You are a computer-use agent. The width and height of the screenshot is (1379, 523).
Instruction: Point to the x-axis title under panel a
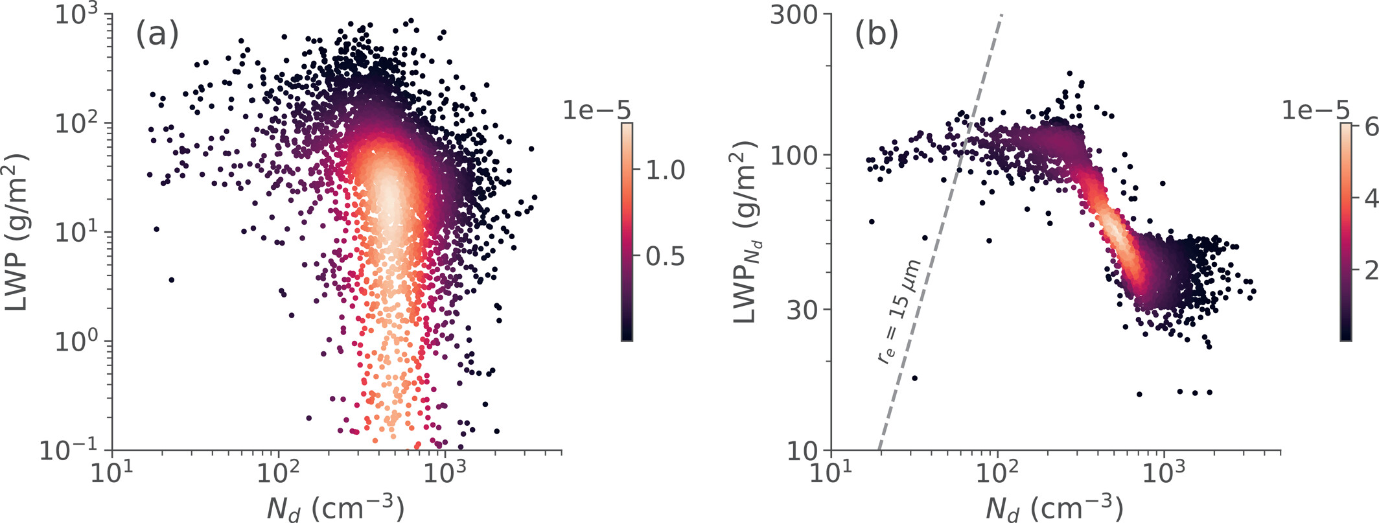coord(336,507)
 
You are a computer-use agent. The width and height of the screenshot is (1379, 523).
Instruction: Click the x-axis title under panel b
coord(1055,507)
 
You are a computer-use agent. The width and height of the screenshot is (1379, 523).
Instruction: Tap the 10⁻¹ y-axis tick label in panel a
coord(72,450)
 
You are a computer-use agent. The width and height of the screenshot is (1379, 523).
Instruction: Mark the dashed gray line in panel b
coord(941,231)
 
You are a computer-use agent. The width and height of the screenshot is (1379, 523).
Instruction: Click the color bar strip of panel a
coord(627,231)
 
